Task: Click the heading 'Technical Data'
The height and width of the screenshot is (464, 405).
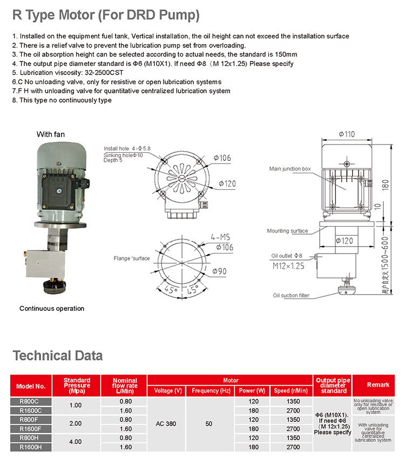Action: (57, 356)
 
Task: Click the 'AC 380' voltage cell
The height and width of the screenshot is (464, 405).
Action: (167, 424)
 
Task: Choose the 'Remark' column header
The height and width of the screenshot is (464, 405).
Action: (377, 385)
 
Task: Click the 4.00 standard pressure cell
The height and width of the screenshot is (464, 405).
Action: (76, 442)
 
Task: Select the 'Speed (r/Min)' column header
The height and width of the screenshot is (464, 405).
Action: (291, 391)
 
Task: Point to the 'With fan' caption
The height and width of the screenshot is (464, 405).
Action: (51, 134)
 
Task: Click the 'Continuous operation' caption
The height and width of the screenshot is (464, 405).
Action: (52, 309)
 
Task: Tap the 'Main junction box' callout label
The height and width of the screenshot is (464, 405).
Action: (291, 169)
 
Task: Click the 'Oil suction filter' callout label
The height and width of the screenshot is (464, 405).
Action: (292, 296)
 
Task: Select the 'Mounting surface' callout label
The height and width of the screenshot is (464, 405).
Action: (288, 231)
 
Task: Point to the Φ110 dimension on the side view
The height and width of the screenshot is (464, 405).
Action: (346, 134)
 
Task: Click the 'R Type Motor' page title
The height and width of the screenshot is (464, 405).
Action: (106, 16)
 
